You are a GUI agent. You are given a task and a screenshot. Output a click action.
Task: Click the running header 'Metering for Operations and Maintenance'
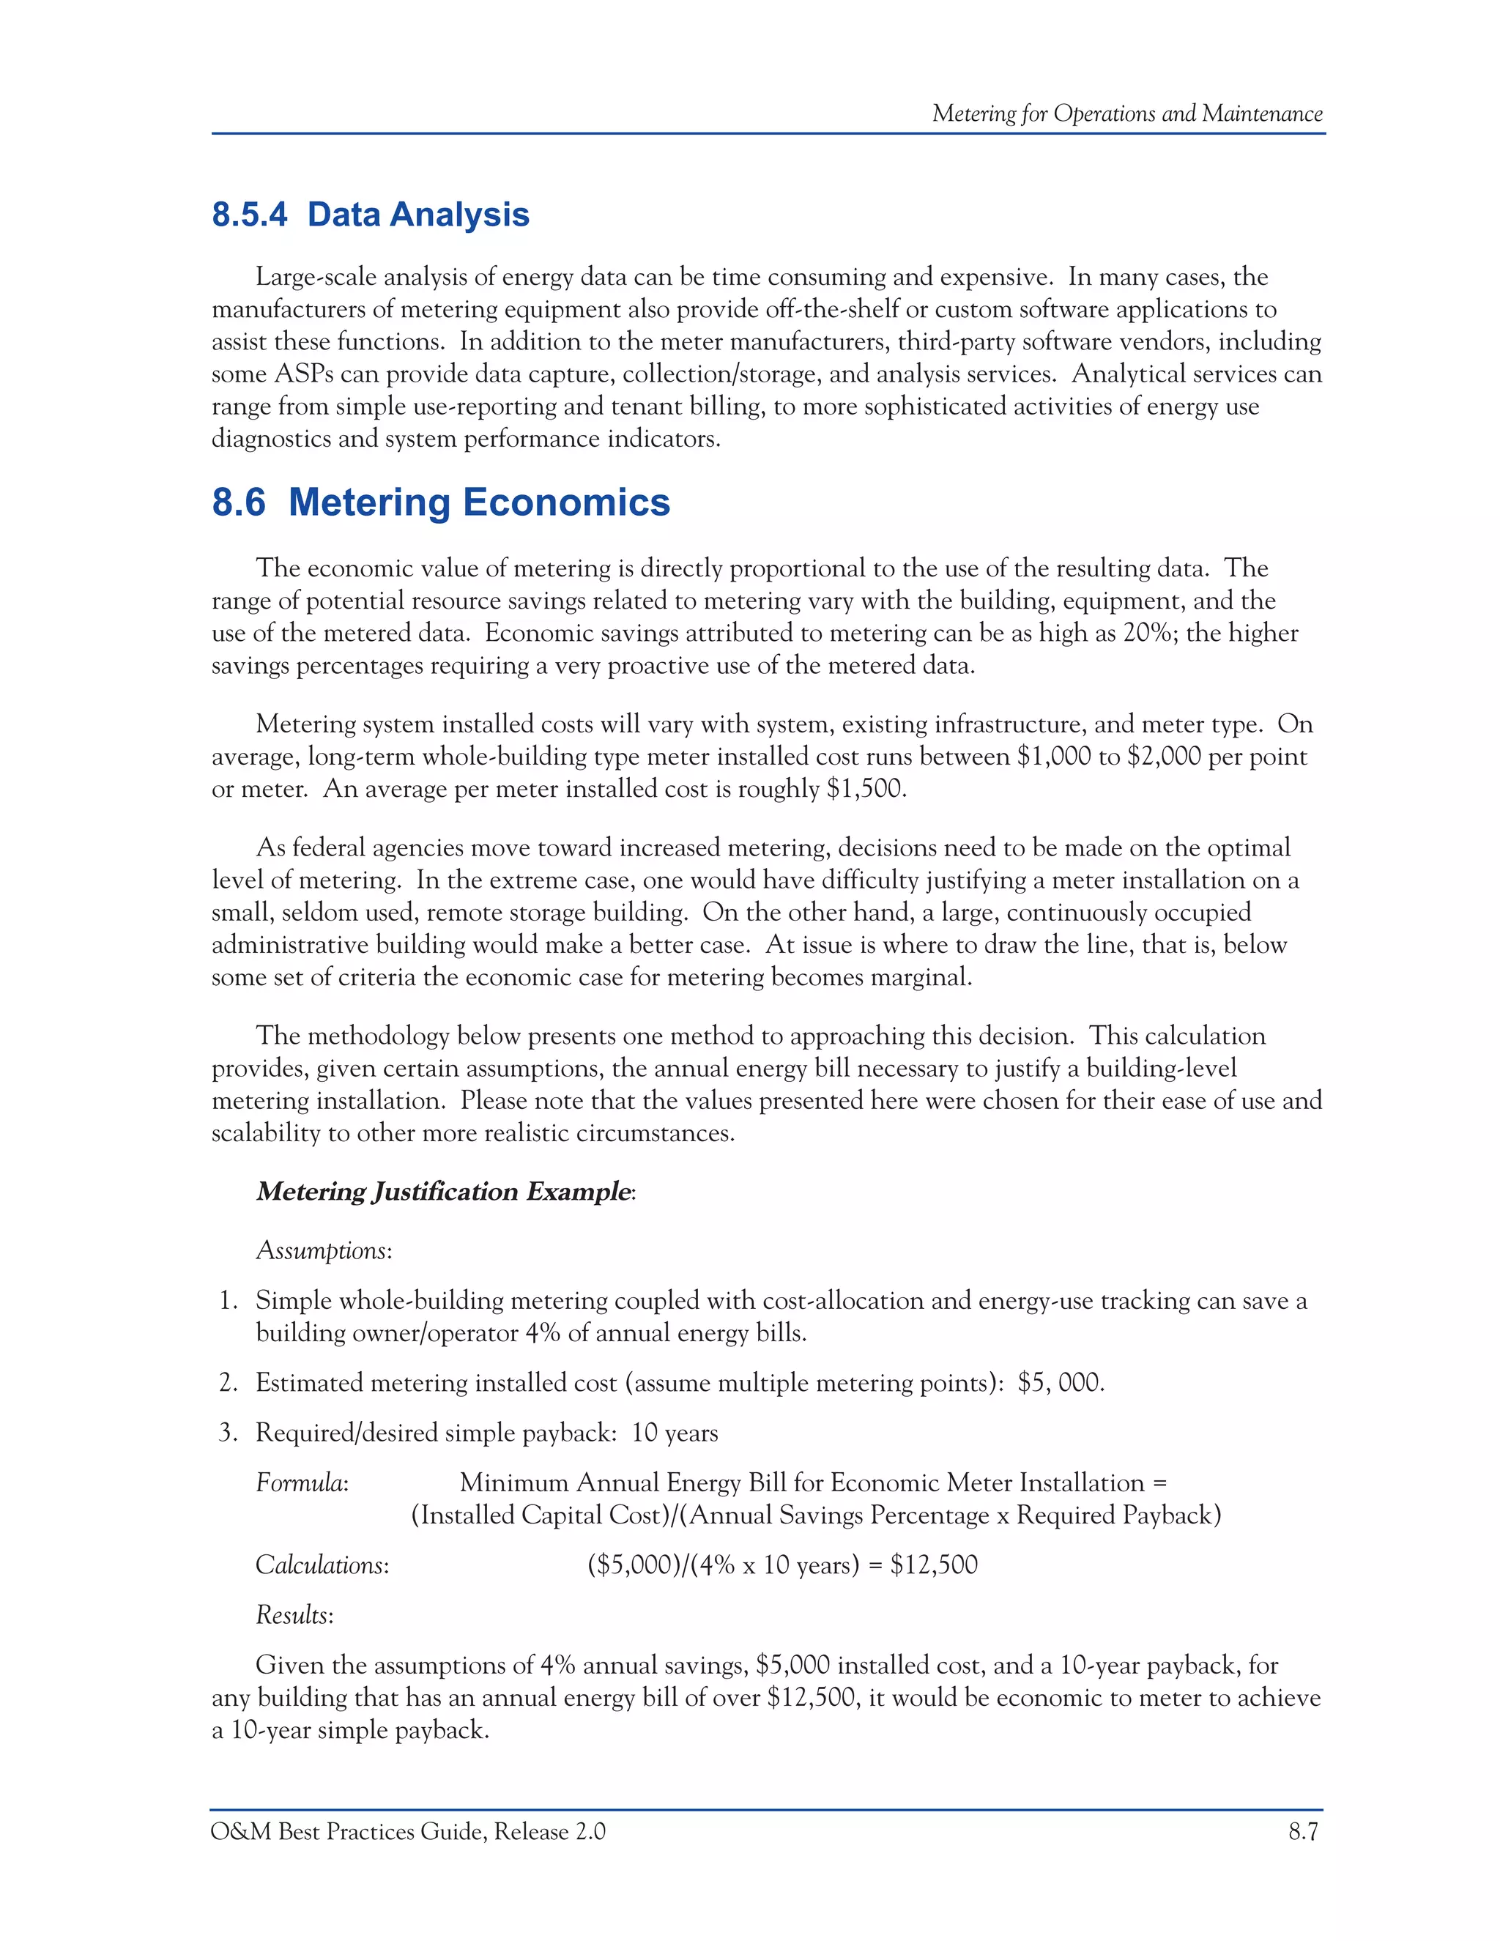(1126, 114)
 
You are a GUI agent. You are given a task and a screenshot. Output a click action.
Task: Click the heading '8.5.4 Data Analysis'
(370, 215)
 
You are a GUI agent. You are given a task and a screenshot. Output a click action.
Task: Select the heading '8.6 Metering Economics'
(440, 502)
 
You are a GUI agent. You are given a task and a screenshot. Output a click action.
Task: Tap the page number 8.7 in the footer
(1303, 1832)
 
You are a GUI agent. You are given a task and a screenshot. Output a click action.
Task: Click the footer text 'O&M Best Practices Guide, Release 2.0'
(408, 1832)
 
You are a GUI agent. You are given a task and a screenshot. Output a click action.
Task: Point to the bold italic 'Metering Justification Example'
(443, 1192)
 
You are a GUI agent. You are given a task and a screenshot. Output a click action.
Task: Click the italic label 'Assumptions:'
(324, 1250)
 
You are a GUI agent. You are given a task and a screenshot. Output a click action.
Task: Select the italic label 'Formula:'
(301, 1482)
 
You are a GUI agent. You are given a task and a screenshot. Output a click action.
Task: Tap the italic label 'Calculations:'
(322, 1565)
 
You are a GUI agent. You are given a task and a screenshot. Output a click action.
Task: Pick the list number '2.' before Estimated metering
(229, 1383)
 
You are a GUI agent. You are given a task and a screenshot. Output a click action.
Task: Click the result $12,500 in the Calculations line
(933, 1565)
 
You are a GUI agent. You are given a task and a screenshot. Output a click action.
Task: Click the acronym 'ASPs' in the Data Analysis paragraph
(304, 374)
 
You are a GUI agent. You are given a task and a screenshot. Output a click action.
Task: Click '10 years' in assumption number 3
(675, 1433)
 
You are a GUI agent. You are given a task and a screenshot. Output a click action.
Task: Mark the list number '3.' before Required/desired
(229, 1433)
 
